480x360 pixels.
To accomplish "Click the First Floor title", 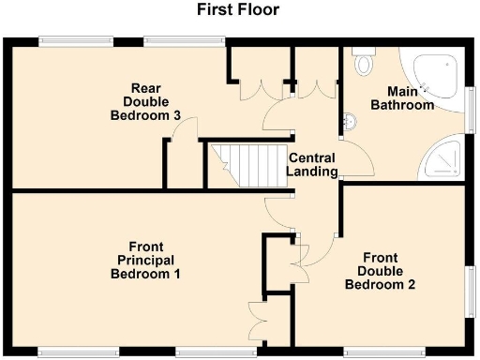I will click(237, 11).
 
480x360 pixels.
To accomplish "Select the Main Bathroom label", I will click(412, 98).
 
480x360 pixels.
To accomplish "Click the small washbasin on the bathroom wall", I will click(349, 122).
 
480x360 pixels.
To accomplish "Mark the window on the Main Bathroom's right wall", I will click(472, 101).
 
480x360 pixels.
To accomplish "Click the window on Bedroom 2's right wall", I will click(472, 294).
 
